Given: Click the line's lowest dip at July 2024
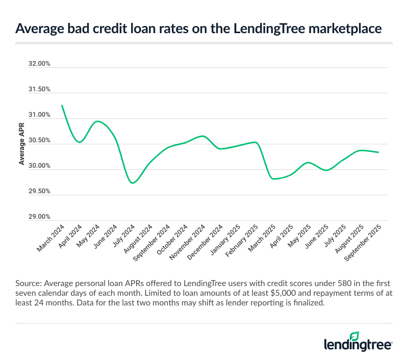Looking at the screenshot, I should pyautogui.click(x=133, y=183).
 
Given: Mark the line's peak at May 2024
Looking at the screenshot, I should pyautogui.click(x=98, y=121).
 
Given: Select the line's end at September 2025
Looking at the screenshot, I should pyautogui.click(x=378, y=152).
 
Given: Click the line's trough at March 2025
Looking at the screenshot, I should pyautogui.click(x=274, y=179).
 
